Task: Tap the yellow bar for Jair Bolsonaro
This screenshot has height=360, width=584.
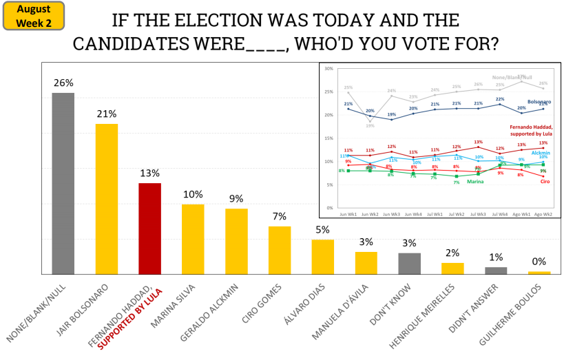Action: tap(106, 199)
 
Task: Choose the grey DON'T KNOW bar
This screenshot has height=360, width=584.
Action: tap(409, 264)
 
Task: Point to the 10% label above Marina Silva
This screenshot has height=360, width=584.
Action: tap(193, 194)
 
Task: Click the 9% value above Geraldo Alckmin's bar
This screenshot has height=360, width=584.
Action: tap(236, 199)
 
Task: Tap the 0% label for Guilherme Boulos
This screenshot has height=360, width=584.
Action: tap(539, 262)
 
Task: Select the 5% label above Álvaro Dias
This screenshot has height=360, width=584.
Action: tap(322, 230)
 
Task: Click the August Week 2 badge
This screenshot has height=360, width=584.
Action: tap(34, 16)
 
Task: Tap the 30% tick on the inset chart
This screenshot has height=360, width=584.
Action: tap(328, 69)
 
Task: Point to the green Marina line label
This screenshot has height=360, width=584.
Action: tap(474, 182)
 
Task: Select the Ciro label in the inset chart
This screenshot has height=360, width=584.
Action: tap(543, 182)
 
